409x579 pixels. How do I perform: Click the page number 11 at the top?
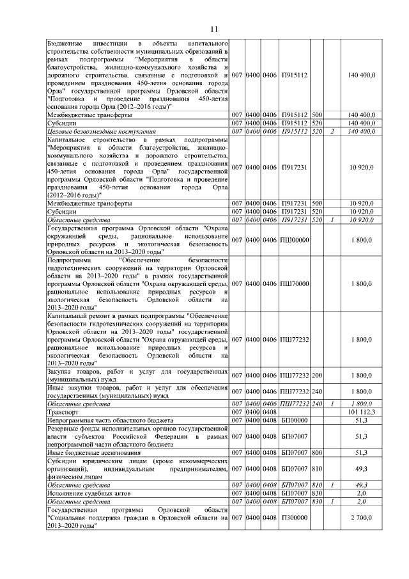214,29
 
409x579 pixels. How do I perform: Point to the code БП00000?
295,420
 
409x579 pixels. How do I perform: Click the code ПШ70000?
295,282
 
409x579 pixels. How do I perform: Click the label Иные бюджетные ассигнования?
91,452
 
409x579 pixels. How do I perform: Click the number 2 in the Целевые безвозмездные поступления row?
332,131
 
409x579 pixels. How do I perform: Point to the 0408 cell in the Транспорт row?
272,412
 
